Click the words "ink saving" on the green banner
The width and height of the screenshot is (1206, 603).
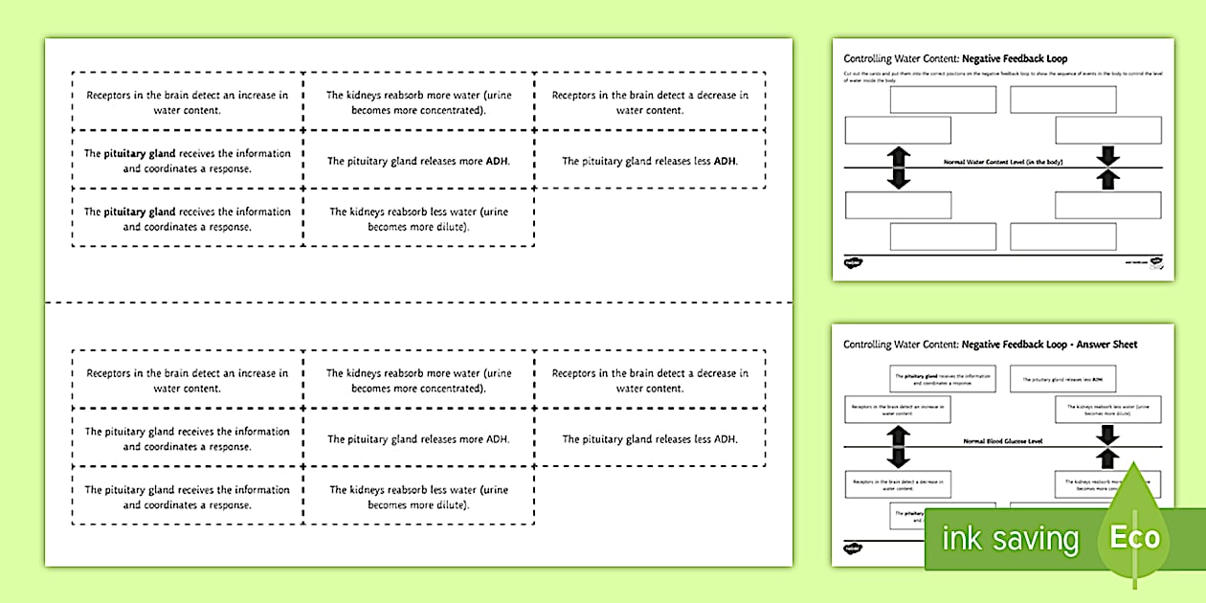(x=1010, y=539)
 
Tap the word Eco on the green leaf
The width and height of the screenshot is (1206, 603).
(x=1135, y=537)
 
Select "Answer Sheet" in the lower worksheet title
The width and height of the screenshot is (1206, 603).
(x=1105, y=345)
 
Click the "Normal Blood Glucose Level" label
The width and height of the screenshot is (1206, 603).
(x=1002, y=441)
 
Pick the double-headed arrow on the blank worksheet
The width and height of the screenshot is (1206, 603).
(x=899, y=167)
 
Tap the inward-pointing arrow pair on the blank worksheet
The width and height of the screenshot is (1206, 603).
(x=1108, y=167)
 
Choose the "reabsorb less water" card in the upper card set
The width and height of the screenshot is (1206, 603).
(x=418, y=219)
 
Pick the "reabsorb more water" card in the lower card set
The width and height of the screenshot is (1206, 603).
(x=418, y=381)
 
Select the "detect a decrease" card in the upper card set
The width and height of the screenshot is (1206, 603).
(x=650, y=102)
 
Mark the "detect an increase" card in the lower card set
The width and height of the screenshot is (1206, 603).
(x=188, y=381)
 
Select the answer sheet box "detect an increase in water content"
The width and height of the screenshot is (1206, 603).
(x=898, y=411)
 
